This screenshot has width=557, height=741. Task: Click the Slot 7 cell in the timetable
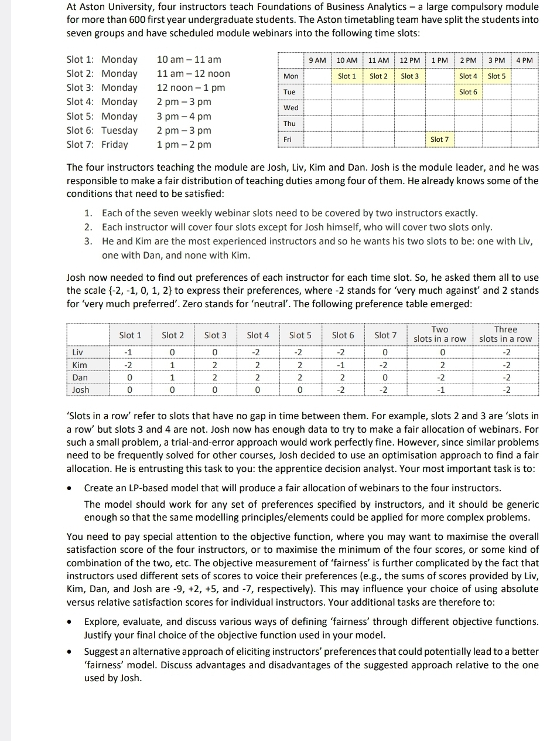click(439, 140)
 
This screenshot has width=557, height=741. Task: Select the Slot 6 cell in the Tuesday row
click(468, 92)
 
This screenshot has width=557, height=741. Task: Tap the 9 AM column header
click(317, 60)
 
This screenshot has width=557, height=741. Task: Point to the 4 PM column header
click(525, 60)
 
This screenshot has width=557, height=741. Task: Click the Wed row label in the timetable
click(291, 108)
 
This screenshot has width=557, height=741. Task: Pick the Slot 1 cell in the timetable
click(347, 76)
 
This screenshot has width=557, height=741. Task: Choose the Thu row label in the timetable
click(290, 124)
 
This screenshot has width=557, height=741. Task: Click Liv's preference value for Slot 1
click(130, 352)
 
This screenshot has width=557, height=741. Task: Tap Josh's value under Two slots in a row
click(442, 390)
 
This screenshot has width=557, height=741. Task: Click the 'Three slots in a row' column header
click(505, 334)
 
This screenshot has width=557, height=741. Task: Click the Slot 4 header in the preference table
click(258, 335)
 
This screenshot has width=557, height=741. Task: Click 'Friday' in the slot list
click(115, 144)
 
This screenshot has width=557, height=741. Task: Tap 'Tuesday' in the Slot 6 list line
click(119, 130)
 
